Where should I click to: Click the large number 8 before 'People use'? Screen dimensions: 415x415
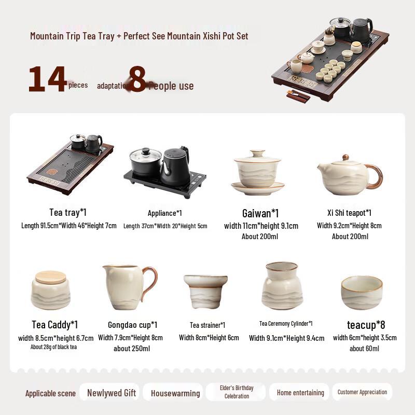(x=137, y=79)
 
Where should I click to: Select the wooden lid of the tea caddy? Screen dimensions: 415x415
(x=50, y=277)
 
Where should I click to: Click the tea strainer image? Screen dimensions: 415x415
(x=205, y=291)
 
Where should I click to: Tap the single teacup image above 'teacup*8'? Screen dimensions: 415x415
(x=362, y=292)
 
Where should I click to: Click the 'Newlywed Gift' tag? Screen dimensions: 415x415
(x=112, y=393)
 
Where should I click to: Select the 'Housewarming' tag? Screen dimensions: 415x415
(x=175, y=393)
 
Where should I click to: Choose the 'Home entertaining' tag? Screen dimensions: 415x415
(x=300, y=393)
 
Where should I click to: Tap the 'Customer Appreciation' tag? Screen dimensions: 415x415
(x=362, y=392)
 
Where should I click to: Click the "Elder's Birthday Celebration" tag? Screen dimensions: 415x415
(x=237, y=392)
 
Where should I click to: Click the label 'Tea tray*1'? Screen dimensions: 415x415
(x=68, y=212)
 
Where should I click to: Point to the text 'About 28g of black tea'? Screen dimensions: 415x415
(x=53, y=347)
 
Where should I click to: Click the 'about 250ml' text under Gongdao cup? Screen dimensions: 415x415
(x=132, y=348)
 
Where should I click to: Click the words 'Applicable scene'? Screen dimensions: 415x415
(x=50, y=393)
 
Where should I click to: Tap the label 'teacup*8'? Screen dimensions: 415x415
(x=366, y=325)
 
